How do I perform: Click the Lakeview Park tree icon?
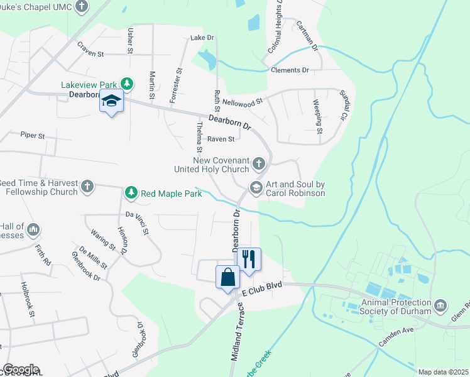point(127,84)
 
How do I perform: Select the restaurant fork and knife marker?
point(248,258)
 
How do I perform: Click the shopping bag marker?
point(227,276)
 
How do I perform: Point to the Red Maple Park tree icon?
point(131,192)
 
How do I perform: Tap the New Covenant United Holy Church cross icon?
point(258,165)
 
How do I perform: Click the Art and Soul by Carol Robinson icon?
point(256,187)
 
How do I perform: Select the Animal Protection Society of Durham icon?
point(441,305)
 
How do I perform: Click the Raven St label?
point(221,139)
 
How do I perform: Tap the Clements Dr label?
point(290,70)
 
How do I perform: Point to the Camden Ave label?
point(395,337)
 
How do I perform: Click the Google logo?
point(21,369)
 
